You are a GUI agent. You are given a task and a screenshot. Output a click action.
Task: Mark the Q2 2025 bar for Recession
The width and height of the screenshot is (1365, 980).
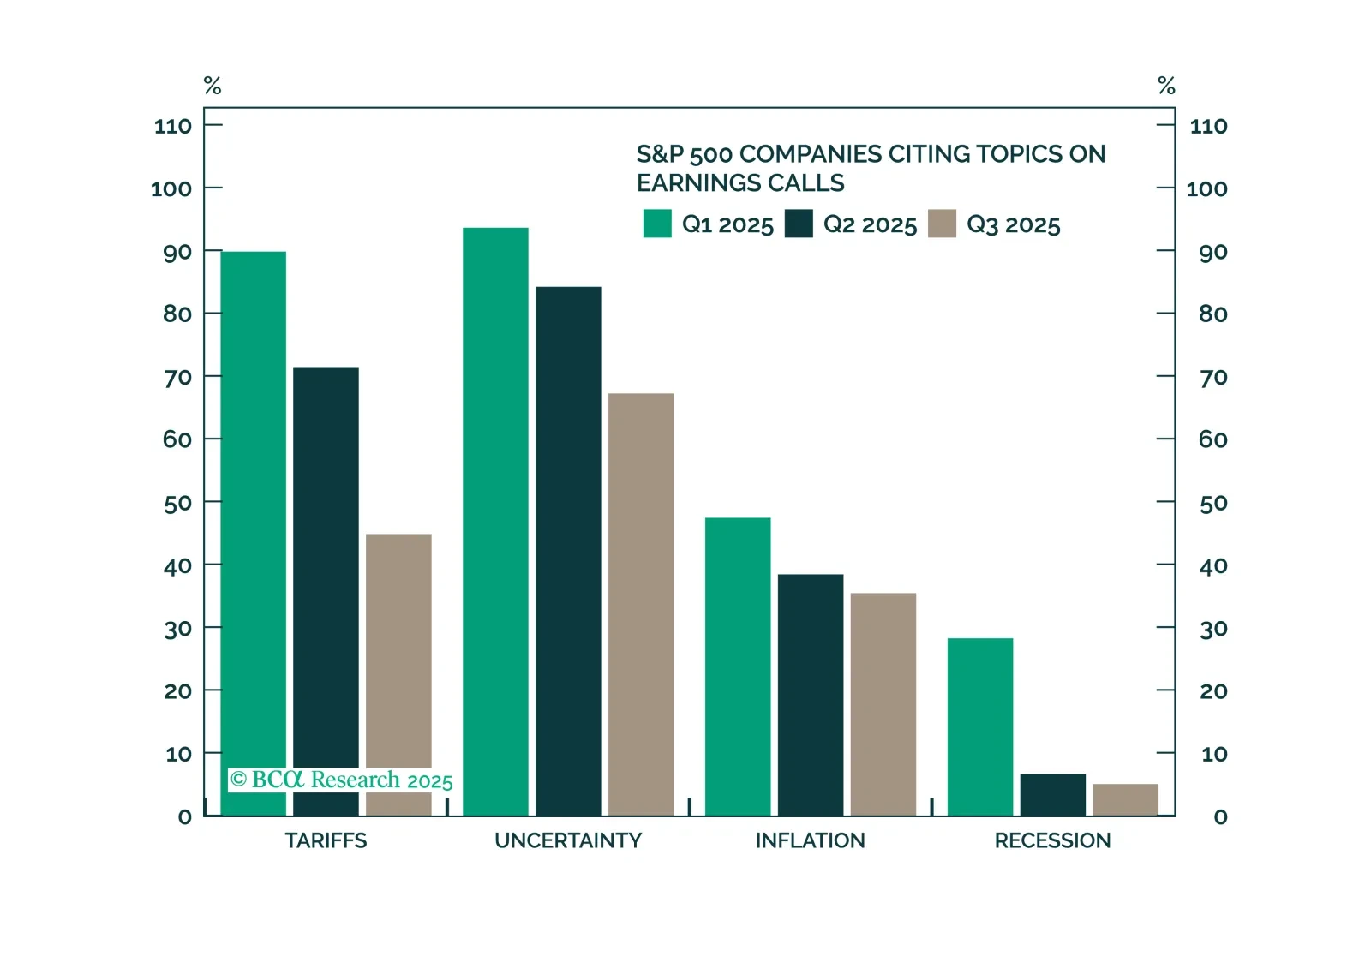1052,794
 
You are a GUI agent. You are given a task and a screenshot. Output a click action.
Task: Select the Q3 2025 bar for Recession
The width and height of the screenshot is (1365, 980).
1125,799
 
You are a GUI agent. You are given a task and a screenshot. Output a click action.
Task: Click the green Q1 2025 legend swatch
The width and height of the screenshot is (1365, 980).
657,224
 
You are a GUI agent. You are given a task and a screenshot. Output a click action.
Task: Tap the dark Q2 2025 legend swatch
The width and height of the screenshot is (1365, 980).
799,224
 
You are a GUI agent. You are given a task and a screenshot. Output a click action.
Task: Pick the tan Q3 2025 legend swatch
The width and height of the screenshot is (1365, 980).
942,224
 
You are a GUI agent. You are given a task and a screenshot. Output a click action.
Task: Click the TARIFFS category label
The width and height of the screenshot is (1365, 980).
326,840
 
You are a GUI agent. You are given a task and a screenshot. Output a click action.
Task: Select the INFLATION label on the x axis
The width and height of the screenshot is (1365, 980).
810,840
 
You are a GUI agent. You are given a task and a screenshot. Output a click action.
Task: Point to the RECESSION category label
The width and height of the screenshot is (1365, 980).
1052,840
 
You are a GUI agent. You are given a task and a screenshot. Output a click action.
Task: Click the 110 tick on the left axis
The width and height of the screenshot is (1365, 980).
173,127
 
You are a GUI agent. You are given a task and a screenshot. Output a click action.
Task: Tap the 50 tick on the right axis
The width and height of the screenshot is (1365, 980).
1213,503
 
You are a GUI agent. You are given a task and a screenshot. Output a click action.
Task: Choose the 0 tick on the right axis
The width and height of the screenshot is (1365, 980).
1221,817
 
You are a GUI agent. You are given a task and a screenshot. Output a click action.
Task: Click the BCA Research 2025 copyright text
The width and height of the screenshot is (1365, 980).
341,780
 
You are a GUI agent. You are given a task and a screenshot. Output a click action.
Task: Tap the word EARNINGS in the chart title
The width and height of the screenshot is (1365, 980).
698,183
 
